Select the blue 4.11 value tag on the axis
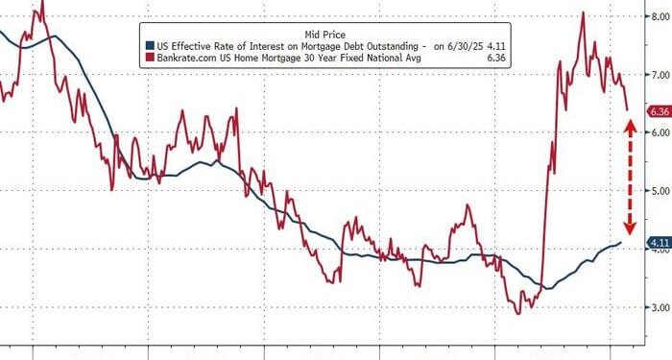tap(658, 243)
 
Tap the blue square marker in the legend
tap(149, 45)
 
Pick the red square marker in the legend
tap(149, 59)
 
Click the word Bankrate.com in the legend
tap(187, 59)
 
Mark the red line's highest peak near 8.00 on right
tap(583, 13)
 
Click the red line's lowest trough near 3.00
tap(519, 312)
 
